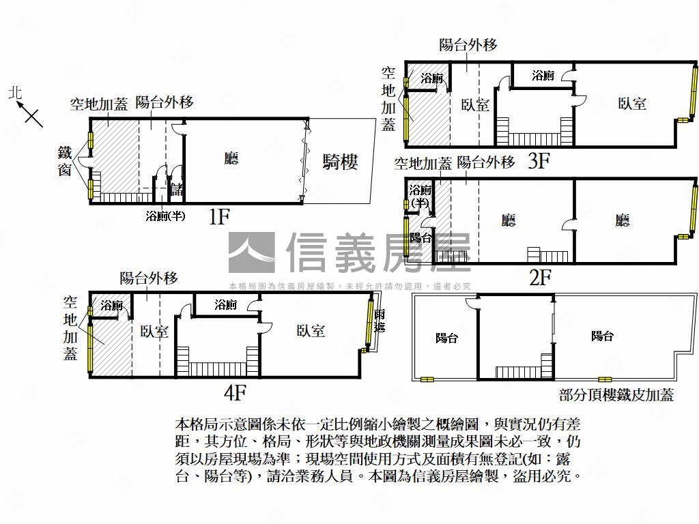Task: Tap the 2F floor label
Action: [540, 277]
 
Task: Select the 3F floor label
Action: [539, 161]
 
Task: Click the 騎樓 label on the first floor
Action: [340, 163]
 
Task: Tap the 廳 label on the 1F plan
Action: [231, 159]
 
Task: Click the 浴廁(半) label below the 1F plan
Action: [166, 216]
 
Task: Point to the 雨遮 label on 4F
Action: [380, 321]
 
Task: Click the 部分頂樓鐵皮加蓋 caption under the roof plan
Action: [616, 395]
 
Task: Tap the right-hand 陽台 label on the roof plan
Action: [602, 336]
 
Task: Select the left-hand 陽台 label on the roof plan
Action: [446, 337]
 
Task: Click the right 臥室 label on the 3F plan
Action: [632, 104]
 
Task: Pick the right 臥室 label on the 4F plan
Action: [311, 331]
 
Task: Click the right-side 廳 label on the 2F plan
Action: [622, 220]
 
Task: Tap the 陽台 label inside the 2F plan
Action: [420, 237]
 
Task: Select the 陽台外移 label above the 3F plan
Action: [468, 45]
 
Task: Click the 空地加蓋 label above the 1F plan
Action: [99, 104]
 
